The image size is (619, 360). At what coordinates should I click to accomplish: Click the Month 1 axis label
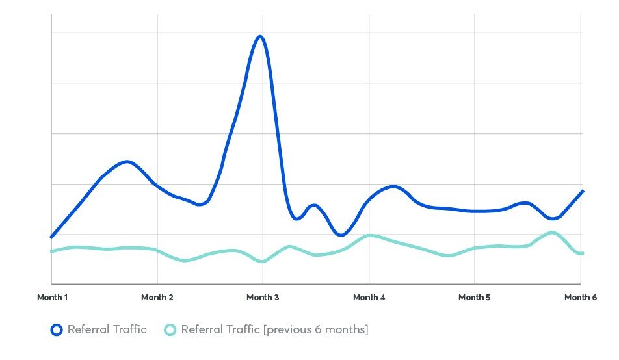(x=52, y=298)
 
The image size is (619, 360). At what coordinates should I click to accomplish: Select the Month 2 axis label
(x=157, y=298)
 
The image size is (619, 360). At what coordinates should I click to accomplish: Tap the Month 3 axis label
(x=263, y=298)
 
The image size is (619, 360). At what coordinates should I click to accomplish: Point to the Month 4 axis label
(x=369, y=298)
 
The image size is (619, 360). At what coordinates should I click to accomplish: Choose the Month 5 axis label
(x=475, y=298)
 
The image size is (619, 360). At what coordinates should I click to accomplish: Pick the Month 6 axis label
(x=580, y=298)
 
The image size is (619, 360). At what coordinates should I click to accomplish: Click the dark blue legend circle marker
(x=57, y=329)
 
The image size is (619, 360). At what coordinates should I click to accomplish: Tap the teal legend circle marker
(x=170, y=329)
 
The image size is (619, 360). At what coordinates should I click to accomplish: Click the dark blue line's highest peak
(x=261, y=36)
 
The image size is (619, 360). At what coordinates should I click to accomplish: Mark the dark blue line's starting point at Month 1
(x=52, y=237)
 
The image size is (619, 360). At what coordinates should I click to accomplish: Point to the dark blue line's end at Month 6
(x=583, y=192)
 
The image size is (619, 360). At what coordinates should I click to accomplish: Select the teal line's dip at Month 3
(x=262, y=261)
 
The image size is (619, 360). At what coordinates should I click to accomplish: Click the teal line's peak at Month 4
(x=369, y=235)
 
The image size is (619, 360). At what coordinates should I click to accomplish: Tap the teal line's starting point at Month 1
(x=52, y=251)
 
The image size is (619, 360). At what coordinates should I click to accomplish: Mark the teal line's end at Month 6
(x=582, y=253)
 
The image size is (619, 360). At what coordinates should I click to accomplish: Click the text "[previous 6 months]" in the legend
(x=315, y=329)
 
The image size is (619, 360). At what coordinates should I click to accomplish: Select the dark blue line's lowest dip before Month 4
(x=341, y=235)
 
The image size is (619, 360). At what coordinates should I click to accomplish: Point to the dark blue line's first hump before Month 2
(x=126, y=161)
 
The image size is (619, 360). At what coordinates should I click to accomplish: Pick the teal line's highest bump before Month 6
(x=552, y=232)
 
